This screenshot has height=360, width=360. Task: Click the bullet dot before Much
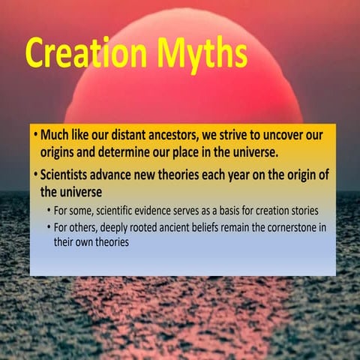pyautogui.click(x=35, y=136)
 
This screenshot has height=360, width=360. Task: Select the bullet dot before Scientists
pyautogui.click(x=35, y=175)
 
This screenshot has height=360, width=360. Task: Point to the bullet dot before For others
pyautogui.click(x=49, y=226)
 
